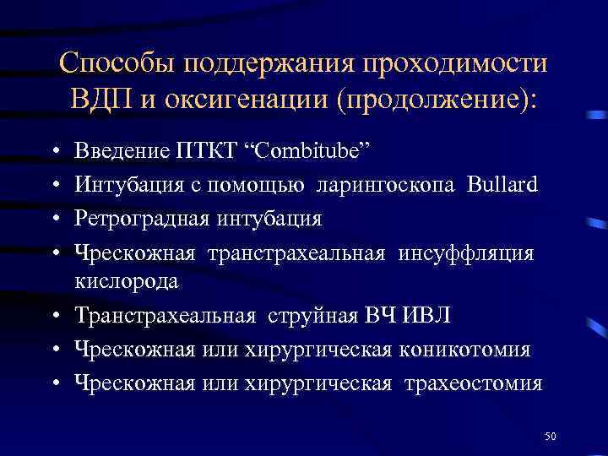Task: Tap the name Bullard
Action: (x=501, y=184)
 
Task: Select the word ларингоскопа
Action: (x=385, y=184)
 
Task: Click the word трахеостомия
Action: (x=474, y=383)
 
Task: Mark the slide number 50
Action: (x=551, y=436)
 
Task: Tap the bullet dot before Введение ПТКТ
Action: (x=53, y=151)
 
